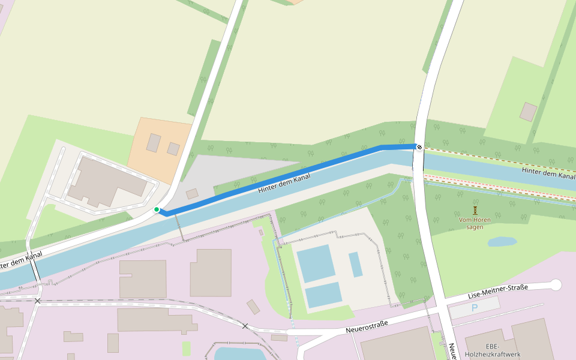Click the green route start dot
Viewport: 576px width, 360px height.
click(x=157, y=209)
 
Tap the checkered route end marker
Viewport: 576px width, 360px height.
click(x=419, y=147)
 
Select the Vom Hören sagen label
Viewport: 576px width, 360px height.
click(x=475, y=223)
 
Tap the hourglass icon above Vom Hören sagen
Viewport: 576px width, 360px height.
click(x=475, y=210)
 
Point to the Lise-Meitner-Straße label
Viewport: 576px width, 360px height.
click(x=497, y=292)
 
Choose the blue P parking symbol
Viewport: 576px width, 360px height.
click(x=475, y=308)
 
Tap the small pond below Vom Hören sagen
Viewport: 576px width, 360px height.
click(x=502, y=241)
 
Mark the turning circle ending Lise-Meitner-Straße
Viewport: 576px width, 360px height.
click(x=556, y=284)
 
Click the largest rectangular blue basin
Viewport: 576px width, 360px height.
click(x=316, y=263)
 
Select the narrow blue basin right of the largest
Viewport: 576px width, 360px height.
click(x=356, y=264)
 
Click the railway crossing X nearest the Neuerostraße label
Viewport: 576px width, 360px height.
click(x=245, y=326)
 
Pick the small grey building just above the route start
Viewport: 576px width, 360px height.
click(x=192, y=194)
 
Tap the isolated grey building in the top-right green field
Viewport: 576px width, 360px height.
click(x=529, y=112)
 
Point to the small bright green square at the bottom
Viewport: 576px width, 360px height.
click(x=187, y=349)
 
